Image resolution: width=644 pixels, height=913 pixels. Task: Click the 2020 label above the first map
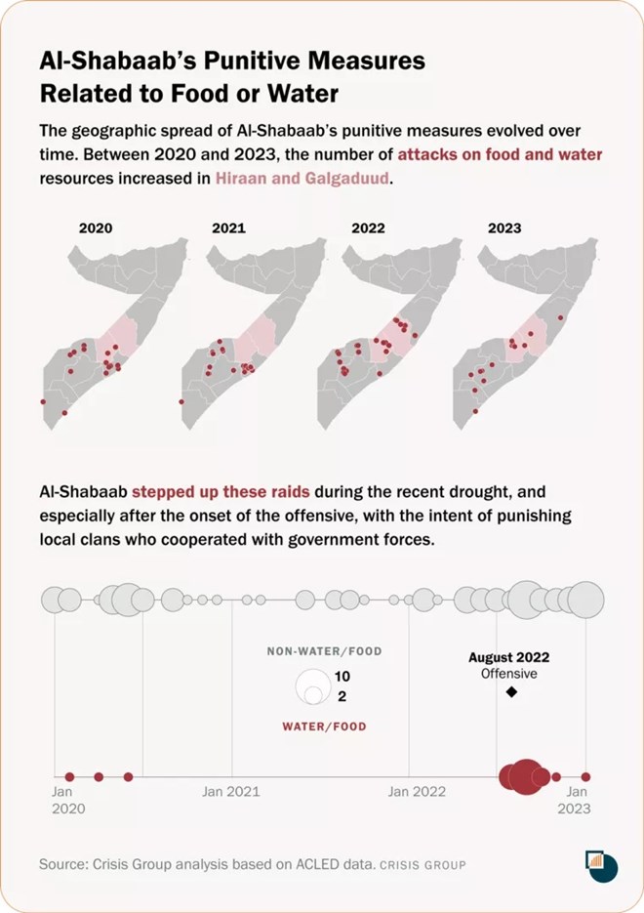(96, 228)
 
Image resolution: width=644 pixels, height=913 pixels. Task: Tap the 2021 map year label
(228, 228)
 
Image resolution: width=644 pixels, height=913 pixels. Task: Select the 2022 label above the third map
(367, 228)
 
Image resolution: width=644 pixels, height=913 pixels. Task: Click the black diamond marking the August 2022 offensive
(510, 692)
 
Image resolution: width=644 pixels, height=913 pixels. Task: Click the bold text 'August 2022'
(509, 658)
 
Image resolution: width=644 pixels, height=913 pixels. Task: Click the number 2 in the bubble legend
(342, 696)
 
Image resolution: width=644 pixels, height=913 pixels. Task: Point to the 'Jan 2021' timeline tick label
(231, 792)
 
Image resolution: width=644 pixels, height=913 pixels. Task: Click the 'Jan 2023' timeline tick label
(578, 800)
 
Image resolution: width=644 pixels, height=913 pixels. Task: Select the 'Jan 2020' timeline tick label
(67, 800)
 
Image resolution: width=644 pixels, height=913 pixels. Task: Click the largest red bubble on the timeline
(525, 776)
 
